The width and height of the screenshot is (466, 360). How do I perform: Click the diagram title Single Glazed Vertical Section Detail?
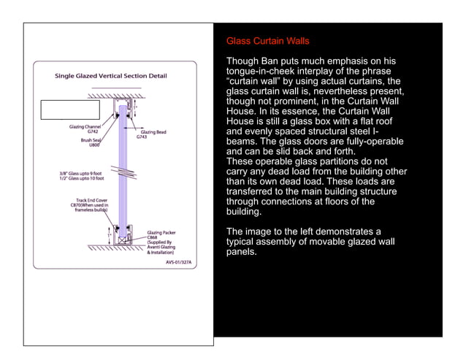coord(111,76)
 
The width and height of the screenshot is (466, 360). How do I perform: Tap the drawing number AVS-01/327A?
coord(178,261)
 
